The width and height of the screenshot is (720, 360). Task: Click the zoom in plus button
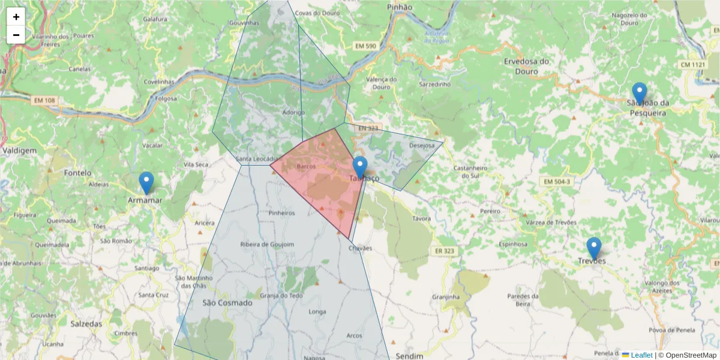click(16, 17)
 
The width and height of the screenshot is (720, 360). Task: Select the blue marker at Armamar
click(146, 182)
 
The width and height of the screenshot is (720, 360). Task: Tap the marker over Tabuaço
click(359, 167)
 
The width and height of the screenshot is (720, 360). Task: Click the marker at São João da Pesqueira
click(640, 93)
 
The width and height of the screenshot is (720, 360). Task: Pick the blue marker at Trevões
click(593, 248)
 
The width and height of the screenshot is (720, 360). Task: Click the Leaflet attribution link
click(641, 355)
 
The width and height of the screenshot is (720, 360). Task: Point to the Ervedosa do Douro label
click(526, 66)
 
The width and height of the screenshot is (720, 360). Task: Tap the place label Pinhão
click(400, 7)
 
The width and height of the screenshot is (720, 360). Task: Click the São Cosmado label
click(227, 303)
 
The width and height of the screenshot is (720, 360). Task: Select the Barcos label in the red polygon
click(306, 166)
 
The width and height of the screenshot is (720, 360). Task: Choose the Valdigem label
click(19, 151)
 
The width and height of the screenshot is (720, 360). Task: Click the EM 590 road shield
click(366, 46)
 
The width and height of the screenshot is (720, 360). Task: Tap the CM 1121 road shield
click(693, 64)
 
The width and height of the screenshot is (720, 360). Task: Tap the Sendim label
click(410, 356)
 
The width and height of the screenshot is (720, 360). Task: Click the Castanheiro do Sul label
click(469, 172)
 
